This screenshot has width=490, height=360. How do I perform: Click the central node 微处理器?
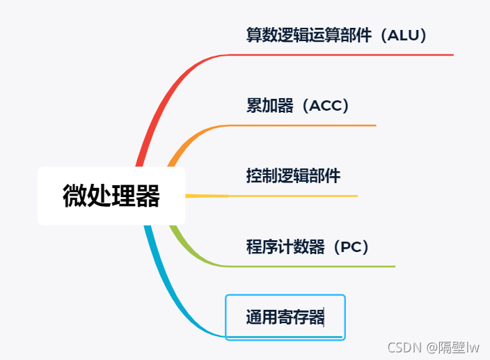[x=111, y=196]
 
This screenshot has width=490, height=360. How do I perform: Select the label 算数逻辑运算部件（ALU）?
[x=336, y=35]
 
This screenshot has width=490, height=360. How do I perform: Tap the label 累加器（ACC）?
[x=297, y=105]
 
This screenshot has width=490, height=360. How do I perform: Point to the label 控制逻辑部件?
[x=293, y=175]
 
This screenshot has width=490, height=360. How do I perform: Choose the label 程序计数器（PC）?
[x=307, y=246]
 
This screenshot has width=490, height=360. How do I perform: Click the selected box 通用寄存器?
[x=285, y=318]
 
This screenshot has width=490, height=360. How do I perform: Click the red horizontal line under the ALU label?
[x=348, y=54]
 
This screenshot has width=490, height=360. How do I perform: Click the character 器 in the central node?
[x=148, y=196]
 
